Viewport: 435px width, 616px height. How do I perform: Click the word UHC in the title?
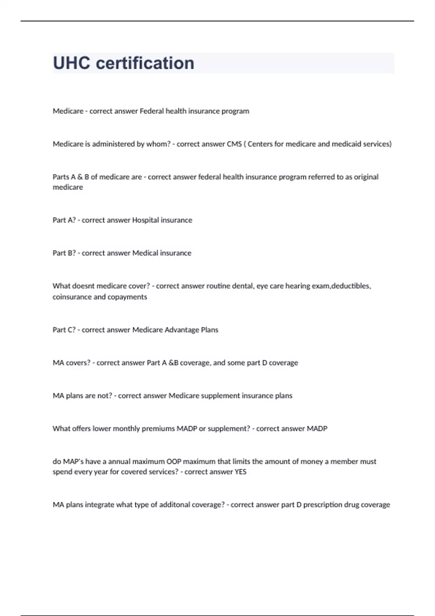click(x=72, y=63)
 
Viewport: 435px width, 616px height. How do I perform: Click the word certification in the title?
click(x=145, y=63)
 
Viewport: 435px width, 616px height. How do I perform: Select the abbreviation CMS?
click(x=234, y=144)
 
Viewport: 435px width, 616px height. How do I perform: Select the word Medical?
click(x=145, y=253)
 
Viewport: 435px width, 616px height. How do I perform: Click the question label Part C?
click(x=64, y=330)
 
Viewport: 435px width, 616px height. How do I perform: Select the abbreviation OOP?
click(x=174, y=461)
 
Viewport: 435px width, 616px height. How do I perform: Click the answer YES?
click(x=240, y=472)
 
